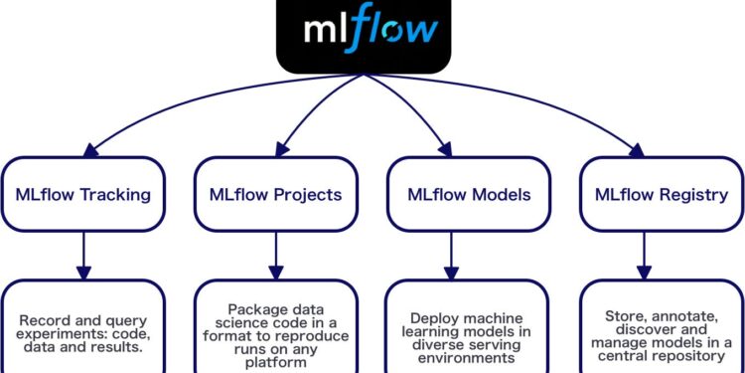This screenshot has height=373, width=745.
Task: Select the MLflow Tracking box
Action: pos(82,193)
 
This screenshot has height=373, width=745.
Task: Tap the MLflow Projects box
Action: pos(275,193)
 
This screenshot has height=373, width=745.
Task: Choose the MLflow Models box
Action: pos(467,193)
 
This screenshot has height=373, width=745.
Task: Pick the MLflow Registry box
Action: pos(660,193)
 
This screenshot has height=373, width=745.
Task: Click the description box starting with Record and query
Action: pos(82,328)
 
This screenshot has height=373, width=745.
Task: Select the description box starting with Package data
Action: pos(275,328)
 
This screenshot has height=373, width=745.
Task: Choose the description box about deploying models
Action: pos(467,328)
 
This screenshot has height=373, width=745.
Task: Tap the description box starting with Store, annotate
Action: pos(660,328)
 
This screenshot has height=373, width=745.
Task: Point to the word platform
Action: pos(275,364)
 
